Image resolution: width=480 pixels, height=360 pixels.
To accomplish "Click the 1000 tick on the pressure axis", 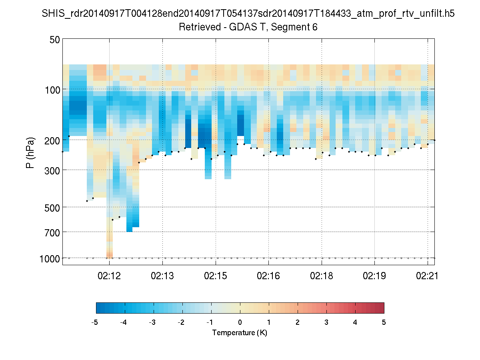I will click(x=50, y=259).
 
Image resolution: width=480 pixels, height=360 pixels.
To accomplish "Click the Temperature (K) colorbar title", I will click(x=240, y=333).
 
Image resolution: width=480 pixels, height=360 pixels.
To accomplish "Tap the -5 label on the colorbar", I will click(x=95, y=322).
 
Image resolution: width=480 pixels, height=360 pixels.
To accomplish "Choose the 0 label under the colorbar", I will click(x=240, y=322).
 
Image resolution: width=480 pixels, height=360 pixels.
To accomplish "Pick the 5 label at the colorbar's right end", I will click(x=384, y=322).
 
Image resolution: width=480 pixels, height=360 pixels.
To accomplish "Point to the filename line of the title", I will click(x=248, y=14).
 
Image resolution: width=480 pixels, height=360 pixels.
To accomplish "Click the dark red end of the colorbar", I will click(x=380, y=308).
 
